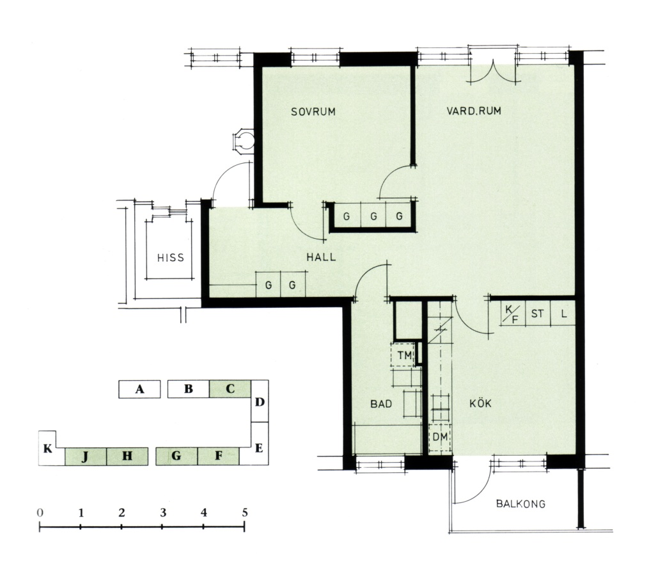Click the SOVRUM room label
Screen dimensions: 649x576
point(313,111)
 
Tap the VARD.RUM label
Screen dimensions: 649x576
point(474,111)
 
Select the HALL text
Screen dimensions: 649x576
point(321,257)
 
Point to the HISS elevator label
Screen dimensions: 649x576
point(171,258)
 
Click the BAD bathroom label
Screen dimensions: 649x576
point(381,404)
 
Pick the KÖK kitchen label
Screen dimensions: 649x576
point(480,403)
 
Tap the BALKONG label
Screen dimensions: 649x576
point(520,504)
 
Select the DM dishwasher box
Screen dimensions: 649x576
point(439,437)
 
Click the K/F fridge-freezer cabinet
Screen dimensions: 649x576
point(512,314)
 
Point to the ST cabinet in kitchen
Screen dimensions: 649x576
point(537,314)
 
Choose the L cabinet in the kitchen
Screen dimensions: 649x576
point(563,314)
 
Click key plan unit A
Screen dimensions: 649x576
point(139,389)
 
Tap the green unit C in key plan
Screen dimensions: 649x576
point(230,388)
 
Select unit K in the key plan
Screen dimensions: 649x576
point(48,449)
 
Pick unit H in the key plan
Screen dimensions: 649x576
point(127,456)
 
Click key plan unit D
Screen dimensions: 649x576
point(260,401)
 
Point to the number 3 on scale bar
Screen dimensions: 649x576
point(163,513)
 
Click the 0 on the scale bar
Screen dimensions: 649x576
point(40,513)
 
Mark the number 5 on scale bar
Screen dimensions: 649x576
point(245,513)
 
